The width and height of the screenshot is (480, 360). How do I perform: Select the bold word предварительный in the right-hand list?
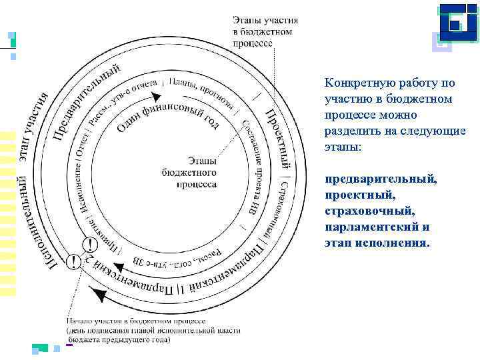(x=381, y=179)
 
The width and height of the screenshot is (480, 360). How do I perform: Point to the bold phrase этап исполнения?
(x=377, y=242)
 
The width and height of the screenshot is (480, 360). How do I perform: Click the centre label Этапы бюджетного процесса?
(x=189, y=172)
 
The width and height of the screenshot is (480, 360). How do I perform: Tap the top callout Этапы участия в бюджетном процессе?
(x=265, y=31)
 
